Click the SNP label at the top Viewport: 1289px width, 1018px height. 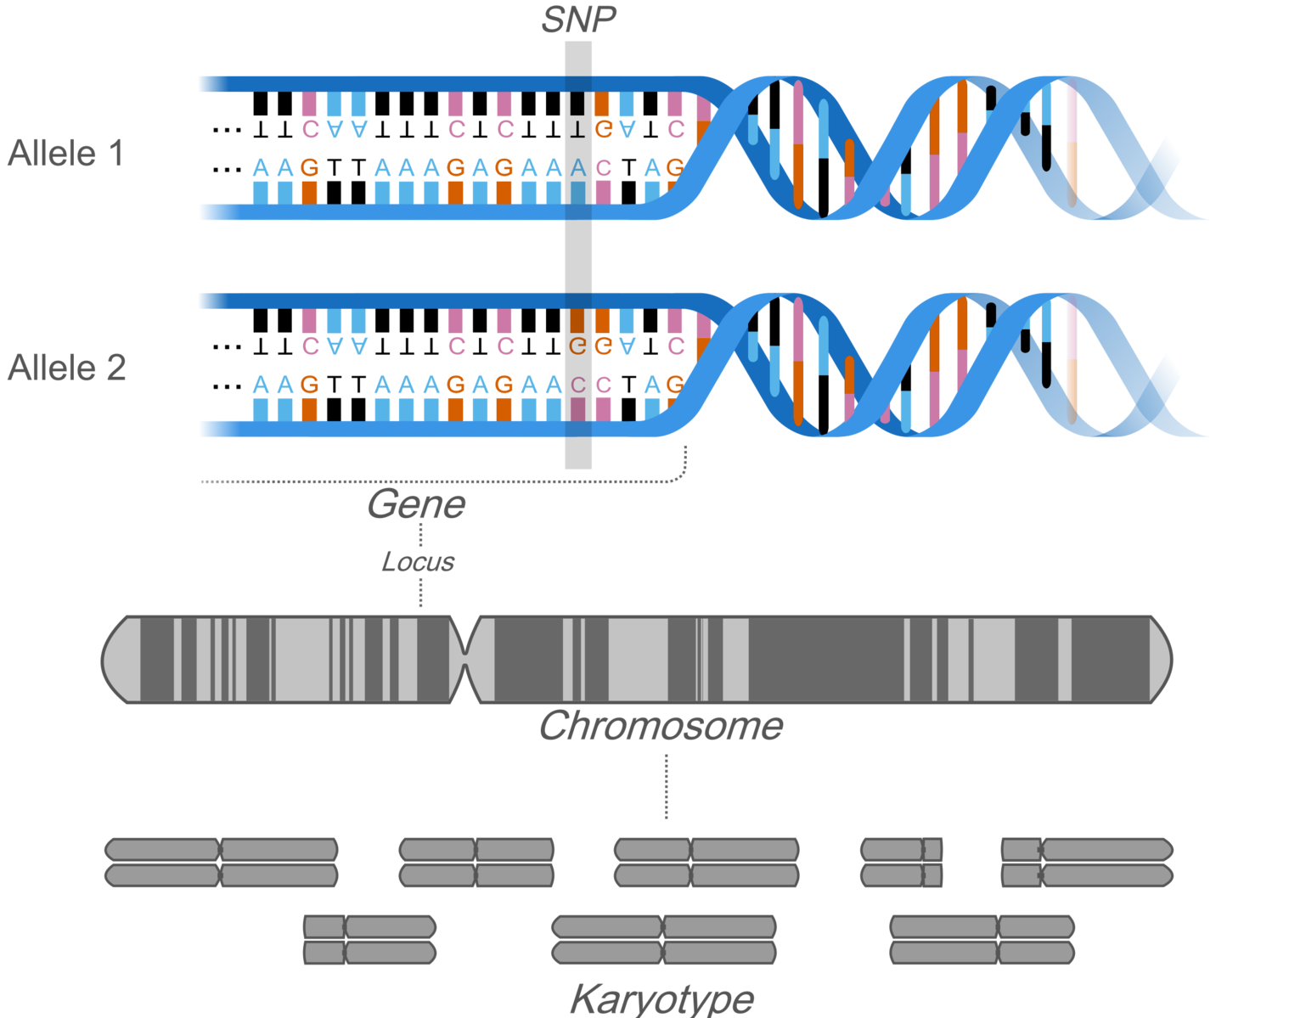[578, 20]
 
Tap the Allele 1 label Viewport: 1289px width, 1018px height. [65, 154]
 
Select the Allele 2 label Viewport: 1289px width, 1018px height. [66, 368]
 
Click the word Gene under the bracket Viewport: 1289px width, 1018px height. [416, 504]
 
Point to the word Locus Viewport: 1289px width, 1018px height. [418, 561]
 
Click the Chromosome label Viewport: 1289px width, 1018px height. [661, 727]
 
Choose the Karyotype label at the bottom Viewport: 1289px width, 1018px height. [661, 998]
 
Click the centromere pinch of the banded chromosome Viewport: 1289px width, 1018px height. [465, 660]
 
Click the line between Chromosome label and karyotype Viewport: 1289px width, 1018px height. [667, 785]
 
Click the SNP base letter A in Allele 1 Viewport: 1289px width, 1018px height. [578, 167]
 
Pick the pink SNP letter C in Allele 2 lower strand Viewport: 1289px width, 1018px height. [578, 385]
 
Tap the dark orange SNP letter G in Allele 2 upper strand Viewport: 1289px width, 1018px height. [578, 346]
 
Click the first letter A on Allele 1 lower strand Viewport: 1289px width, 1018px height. [261, 167]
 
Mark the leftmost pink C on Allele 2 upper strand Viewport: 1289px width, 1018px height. [310, 346]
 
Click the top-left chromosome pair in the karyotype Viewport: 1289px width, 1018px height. [221, 863]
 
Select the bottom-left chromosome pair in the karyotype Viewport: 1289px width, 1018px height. [369, 940]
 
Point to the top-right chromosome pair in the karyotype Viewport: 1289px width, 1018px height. [1087, 863]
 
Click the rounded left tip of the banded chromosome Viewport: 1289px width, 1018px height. [115, 660]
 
